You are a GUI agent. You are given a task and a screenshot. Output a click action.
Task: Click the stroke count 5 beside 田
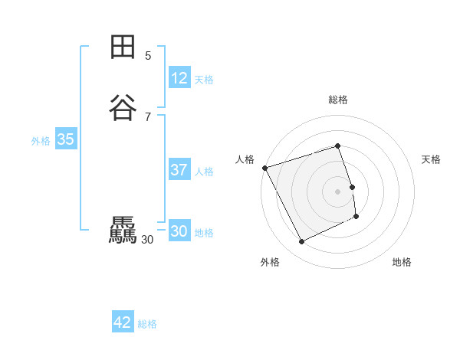click(148, 56)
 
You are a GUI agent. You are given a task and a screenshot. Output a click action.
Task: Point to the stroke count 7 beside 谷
click(148, 116)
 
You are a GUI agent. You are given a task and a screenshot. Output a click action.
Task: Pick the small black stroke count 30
click(148, 240)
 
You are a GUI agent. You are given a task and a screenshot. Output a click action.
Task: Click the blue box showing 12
click(179, 78)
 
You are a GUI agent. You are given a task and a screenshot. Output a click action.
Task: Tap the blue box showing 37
click(179, 170)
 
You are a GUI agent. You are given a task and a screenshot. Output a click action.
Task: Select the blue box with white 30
click(179, 231)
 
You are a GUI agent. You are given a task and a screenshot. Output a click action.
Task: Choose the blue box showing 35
click(65, 139)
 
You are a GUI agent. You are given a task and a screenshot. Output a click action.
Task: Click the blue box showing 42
click(123, 322)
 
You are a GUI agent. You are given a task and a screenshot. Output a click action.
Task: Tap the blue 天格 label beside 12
click(204, 80)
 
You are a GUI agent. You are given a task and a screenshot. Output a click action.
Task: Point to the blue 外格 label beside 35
click(41, 141)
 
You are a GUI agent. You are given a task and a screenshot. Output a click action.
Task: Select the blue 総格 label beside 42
click(147, 324)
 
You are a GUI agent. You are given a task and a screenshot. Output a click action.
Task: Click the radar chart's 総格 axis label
click(338, 100)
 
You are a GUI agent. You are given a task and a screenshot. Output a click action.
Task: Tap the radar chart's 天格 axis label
click(431, 159)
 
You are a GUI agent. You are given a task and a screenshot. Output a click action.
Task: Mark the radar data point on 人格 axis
click(264, 168)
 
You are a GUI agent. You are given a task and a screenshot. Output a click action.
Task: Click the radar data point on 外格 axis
click(301, 242)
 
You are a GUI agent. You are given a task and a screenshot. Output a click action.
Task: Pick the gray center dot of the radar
click(338, 191)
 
